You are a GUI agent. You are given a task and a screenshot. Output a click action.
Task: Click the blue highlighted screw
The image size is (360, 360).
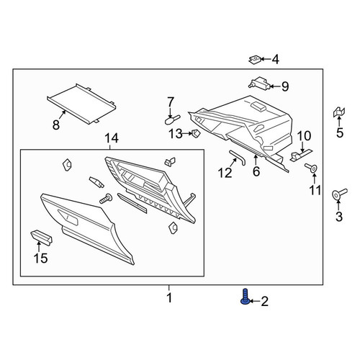coord(245,297)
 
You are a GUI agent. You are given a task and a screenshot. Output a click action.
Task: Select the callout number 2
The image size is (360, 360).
coord(264,301)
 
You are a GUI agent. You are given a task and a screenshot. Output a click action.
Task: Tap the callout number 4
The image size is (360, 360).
coord(276,59)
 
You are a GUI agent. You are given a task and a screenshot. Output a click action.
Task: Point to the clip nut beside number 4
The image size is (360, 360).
coord(255,60)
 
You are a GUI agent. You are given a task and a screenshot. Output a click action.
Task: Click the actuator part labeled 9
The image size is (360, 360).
coord(259,83)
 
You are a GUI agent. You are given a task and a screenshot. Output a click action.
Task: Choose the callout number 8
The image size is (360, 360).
coord(56,125)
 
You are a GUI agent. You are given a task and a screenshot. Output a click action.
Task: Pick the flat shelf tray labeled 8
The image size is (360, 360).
coord(81,104)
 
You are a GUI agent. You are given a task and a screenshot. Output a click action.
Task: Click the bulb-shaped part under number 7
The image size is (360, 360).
coord(172,120)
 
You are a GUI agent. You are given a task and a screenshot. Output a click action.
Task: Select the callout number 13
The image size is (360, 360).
coord(176,134)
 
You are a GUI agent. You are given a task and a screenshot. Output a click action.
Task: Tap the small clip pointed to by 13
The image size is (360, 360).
coord(196,133)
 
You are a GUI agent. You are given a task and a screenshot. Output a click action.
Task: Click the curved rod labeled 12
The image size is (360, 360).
coord(237,157)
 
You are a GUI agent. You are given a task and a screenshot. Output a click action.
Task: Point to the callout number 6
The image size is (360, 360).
coord(256,171)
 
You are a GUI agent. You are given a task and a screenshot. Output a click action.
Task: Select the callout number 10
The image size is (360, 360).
coord(304,136)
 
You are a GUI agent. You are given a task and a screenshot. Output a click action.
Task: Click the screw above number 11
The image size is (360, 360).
coord(311,167)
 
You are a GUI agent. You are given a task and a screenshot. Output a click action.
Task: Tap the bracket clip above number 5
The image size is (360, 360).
coord(339,112)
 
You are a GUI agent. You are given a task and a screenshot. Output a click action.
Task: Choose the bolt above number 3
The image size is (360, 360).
coord(339,194)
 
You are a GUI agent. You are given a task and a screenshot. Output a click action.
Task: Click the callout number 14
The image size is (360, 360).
coord(112,138)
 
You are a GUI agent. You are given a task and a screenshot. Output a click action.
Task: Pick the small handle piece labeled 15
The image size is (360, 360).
coord(42,237)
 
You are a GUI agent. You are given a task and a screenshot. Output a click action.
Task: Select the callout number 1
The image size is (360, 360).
coord(169,298)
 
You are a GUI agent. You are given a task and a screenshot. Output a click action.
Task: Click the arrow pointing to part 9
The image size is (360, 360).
coord(275,86)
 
